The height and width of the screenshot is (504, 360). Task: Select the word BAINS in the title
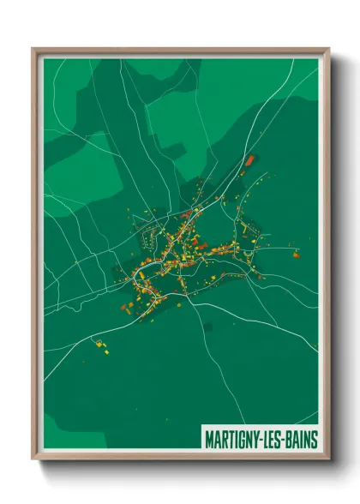click(303, 440)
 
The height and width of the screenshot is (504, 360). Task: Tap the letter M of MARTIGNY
click(209, 440)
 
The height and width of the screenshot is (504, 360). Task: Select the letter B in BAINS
click(291, 440)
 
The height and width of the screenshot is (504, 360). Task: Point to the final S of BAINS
click(314, 440)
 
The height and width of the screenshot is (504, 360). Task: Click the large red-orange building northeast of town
click(250, 159)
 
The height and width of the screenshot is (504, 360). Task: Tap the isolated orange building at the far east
click(296, 254)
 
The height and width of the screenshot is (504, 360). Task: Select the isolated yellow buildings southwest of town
click(101, 346)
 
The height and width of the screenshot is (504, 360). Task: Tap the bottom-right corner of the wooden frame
click(328, 460)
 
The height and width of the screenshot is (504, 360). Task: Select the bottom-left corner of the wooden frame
click(33, 460)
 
